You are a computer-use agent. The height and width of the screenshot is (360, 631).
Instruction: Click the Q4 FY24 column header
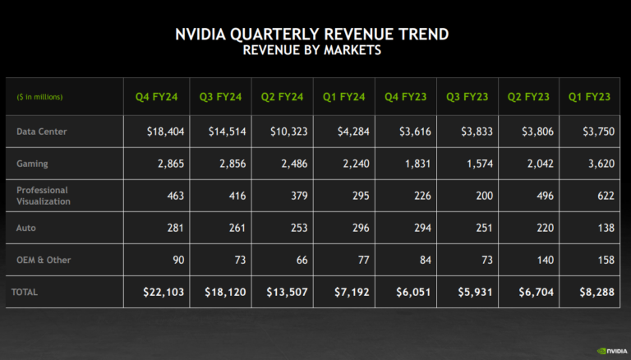coord(156,97)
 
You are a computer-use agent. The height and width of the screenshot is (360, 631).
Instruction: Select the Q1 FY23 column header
coord(589,97)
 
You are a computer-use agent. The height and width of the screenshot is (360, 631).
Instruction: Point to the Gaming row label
coord(32,164)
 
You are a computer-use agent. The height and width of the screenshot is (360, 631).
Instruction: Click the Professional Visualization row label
coord(44,196)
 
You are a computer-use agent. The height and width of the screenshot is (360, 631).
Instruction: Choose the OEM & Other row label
coord(44,260)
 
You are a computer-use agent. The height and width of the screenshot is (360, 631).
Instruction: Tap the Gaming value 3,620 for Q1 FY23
coord(596,164)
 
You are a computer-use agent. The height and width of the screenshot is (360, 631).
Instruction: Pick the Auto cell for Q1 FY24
coord(355,228)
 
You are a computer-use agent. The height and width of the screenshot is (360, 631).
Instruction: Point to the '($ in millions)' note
coord(39,97)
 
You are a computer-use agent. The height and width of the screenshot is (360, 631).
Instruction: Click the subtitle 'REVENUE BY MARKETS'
coord(312,51)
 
